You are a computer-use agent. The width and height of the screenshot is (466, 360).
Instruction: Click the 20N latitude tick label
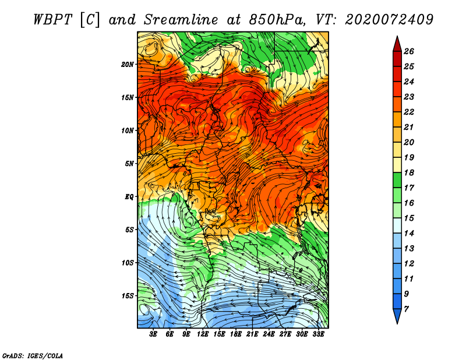click(x=128, y=65)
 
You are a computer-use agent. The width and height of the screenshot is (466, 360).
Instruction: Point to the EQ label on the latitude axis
click(x=129, y=197)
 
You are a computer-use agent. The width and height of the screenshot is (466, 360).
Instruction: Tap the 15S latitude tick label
click(x=128, y=296)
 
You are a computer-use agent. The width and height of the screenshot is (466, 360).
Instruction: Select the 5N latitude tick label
click(x=129, y=164)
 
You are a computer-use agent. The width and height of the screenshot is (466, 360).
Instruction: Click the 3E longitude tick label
click(x=153, y=334)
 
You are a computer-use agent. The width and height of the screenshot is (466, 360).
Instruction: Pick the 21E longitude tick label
click(x=252, y=334)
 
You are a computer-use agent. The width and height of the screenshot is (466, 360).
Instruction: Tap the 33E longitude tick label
click(x=318, y=334)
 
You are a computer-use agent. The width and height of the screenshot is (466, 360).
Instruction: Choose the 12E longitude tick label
click(x=202, y=334)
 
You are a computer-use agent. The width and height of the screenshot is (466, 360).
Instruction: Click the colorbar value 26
click(x=409, y=51)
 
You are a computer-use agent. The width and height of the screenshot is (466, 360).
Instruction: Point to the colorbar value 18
click(x=409, y=172)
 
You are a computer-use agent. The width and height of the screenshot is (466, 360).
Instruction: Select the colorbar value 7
click(x=407, y=309)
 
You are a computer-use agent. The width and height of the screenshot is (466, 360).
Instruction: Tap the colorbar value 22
click(x=409, y=112)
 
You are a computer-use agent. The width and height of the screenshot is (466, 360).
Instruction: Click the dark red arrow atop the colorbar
click(x=397, y=44)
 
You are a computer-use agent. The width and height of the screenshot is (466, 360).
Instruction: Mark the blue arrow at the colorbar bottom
click(x=397, y=316)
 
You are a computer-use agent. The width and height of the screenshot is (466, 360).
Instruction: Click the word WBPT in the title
click(x=53, y=20)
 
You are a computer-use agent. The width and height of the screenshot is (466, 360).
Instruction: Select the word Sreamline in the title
click(x=181, y=20)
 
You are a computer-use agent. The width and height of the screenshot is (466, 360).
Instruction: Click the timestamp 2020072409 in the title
click(x=389, y=20)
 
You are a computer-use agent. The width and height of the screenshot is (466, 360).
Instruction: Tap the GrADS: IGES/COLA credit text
click(x=33, y=355)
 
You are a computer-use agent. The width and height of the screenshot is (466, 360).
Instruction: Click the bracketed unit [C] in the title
click(x=90, y=20)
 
